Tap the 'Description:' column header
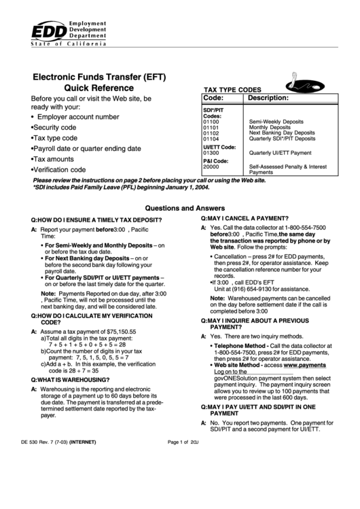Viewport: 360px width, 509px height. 269,99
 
